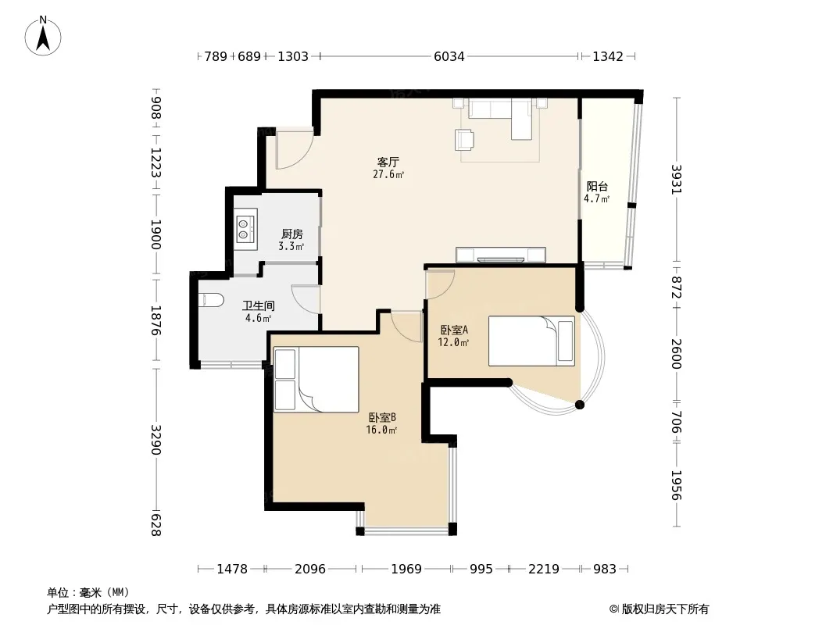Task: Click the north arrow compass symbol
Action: [43, 36]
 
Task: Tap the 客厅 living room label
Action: [388, 162]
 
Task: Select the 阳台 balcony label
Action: [597, 187]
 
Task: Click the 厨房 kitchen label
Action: [291, 234]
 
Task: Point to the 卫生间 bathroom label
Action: [258, 306]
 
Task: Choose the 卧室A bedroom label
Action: [454, 330]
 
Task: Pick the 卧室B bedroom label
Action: [382, 417]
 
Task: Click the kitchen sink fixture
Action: [245, 229]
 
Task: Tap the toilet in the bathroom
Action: [211, 300]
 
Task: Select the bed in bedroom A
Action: [531, 341]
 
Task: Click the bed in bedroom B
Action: [316, 379]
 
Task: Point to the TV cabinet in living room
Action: [500, 255]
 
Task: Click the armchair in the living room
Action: [465, 140]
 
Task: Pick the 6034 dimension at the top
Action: [449, 56]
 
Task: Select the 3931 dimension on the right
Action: [676, 180]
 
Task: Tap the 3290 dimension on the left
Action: [156, 439]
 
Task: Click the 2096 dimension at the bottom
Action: [309, 569]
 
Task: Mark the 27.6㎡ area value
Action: [388, 174]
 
